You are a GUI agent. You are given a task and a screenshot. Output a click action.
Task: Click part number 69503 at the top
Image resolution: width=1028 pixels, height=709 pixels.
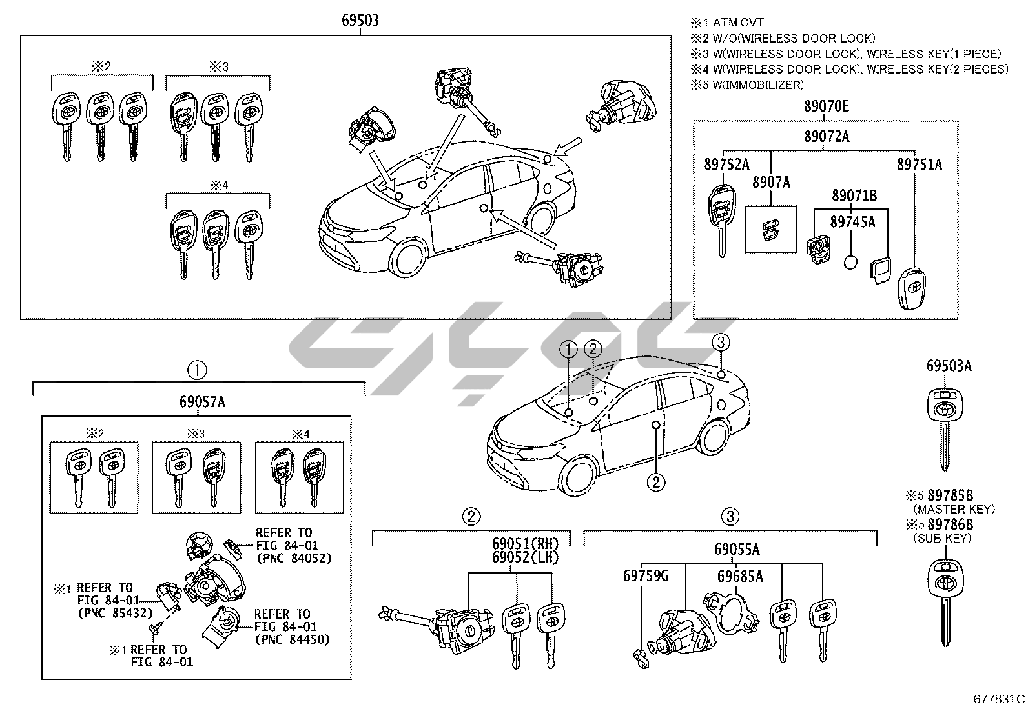(360, 21)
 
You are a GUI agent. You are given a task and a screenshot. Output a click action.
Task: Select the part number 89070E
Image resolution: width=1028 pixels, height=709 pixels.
(827, 107)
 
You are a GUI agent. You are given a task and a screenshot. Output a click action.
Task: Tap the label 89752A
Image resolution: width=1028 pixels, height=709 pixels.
(726, 165)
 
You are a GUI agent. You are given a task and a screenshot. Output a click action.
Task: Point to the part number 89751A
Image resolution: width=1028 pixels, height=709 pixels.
(919, 165)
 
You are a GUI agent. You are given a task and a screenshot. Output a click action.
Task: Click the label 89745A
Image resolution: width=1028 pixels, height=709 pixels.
(852, 222)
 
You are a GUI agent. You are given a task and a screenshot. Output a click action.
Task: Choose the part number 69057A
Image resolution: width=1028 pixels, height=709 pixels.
(202, 402)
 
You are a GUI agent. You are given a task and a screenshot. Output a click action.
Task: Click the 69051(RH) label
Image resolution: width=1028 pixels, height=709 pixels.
(524, 543)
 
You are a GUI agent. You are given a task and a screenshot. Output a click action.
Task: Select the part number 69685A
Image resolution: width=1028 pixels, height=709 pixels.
(740, 576)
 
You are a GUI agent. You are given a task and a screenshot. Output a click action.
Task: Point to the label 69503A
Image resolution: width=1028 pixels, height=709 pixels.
(949, 366)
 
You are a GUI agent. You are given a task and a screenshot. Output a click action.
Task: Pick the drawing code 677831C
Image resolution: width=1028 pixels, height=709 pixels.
(1000, 699)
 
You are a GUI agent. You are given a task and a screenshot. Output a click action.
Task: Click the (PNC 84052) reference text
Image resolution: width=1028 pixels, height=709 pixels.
(293, 558)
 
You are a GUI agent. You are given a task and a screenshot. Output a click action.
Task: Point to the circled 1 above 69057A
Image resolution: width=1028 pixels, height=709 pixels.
(197, 370)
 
